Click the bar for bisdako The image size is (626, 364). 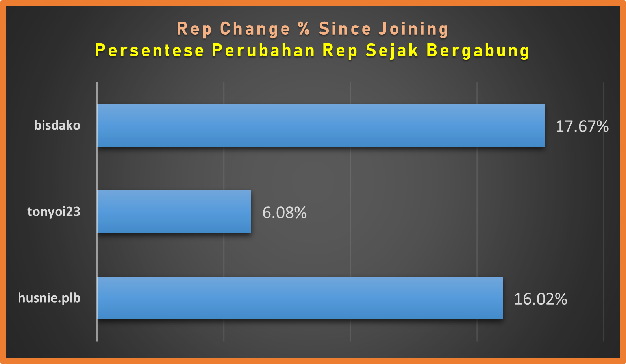click(321, 126)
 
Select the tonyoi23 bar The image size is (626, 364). click(174, 212)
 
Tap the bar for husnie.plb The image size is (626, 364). click(300, 298)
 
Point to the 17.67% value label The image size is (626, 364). click(582, 126)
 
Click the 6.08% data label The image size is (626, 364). click(285, 212)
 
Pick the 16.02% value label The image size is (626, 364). click(541, 299)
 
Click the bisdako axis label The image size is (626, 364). click(57, 125)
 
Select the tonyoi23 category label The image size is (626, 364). click(54, 212)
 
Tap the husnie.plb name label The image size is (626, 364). click(49, 298)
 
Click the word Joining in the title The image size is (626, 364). click(414, 29)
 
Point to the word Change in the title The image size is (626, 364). click(255, 29)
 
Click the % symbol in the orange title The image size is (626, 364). click(305, 29)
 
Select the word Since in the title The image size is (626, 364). click(345, 29)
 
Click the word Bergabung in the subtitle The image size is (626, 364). click(478, 51)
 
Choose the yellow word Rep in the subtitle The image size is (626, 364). click(340, 51)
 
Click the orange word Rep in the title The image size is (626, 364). click(194, 29)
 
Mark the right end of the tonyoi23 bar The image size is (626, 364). click(251, 212)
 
